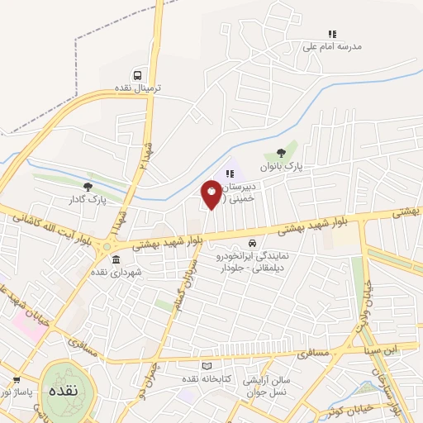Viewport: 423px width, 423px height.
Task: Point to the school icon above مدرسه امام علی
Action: click(x=331, y=34)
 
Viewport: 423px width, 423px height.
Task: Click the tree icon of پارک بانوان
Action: click(x=282, y=152)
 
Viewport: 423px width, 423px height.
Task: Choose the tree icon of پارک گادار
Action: click(x=88, y=187)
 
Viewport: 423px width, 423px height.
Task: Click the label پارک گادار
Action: click(x=88, y=200)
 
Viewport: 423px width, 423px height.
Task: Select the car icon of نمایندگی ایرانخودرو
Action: click(x=250, y=244)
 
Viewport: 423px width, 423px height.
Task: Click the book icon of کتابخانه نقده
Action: click(x=207, y=366)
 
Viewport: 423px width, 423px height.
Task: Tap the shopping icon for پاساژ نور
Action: click(x=16, y=380)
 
